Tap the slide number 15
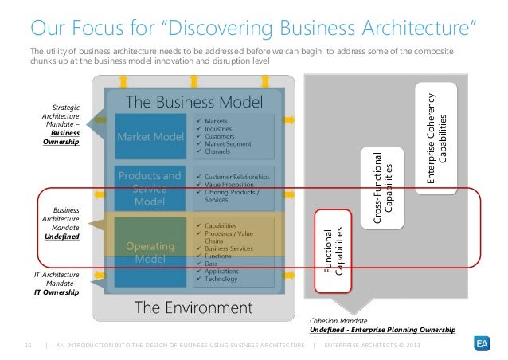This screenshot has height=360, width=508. tap(29, 344)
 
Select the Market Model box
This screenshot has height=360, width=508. tap(151, 137)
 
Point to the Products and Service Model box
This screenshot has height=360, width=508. tap(150, 189)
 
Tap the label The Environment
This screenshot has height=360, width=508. tap(193, 307)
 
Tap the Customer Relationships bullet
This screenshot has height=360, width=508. tap(242, 175)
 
